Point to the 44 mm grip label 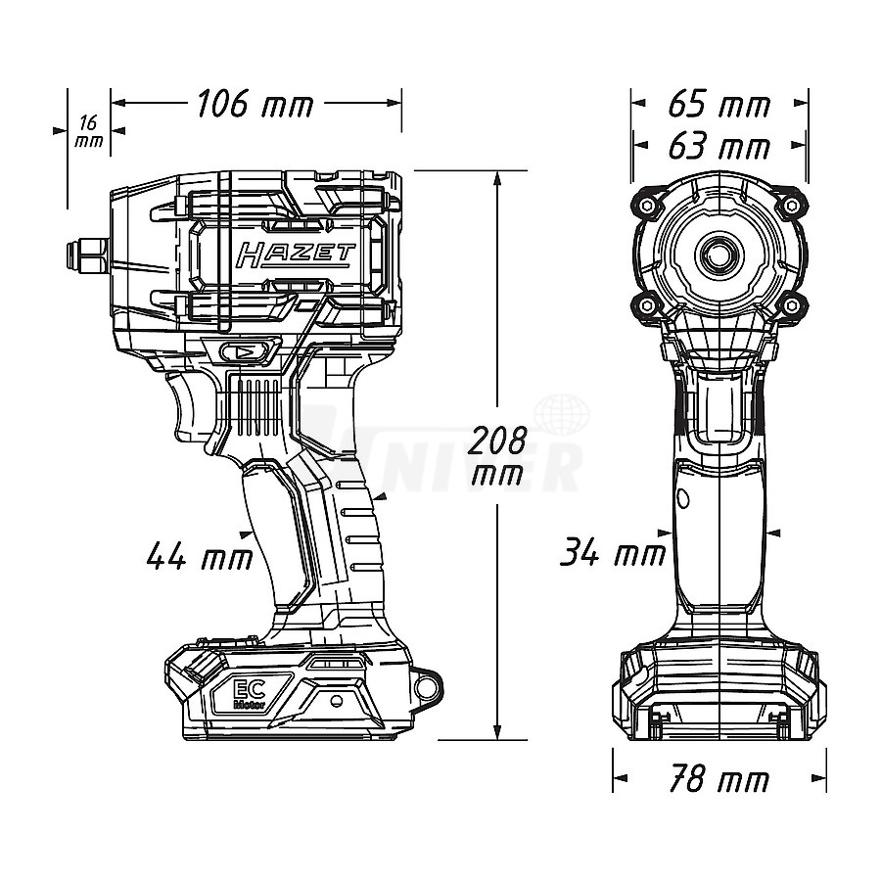click(x=200, y=558)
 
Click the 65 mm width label click(x=719, y=104)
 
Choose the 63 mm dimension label click(x=719, y=148)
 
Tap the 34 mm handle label click(x=613, y=554)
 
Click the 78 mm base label click(x=719, y=781)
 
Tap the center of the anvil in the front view click(x=719, y=254)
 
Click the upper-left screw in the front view click(x=647, y=206)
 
